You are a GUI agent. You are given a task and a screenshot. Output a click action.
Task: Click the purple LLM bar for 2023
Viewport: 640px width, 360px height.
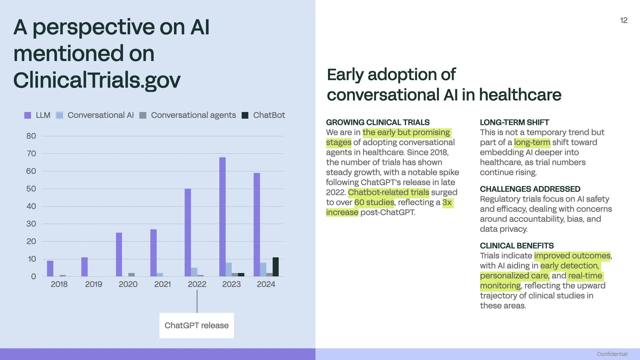click(222, 217)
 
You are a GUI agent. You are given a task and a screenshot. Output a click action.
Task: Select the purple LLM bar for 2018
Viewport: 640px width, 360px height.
click(50, 268)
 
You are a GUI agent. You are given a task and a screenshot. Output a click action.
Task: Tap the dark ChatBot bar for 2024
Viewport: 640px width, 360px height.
click(275, 267)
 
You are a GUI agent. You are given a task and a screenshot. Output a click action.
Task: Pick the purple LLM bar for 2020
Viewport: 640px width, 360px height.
click(119, 254)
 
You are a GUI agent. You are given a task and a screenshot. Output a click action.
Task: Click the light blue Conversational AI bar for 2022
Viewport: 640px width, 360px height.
click(194, 272)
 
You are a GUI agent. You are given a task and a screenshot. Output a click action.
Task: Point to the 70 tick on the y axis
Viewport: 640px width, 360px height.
click(31, 154)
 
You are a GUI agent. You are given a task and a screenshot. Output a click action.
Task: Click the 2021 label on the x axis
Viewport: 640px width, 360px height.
click(162, 284)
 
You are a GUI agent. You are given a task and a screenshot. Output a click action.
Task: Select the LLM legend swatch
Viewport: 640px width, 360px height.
click(28, 115)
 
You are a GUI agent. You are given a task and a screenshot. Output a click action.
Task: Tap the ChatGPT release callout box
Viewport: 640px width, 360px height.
click(197, 325)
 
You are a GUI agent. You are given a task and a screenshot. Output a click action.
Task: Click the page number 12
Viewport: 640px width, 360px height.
click(624, 20)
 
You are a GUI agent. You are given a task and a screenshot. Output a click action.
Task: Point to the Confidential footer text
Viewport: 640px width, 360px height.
click(612, 354)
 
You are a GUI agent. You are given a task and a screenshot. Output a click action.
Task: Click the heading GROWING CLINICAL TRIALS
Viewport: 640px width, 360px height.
click(378, 122)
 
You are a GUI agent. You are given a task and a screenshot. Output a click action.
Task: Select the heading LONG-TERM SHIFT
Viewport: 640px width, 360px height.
click(514, 122)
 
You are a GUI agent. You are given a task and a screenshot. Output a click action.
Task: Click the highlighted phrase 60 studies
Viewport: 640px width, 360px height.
click(374, 202)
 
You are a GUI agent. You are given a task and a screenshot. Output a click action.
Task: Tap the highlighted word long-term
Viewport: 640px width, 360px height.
click(532, 142)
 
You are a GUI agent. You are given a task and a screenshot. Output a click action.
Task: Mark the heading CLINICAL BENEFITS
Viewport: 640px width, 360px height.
click(517, 246)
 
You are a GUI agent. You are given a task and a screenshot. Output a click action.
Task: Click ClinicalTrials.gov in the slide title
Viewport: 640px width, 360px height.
click(97, 80)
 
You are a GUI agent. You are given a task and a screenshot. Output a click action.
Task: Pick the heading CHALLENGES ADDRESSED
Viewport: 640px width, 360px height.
click(530, 189)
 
